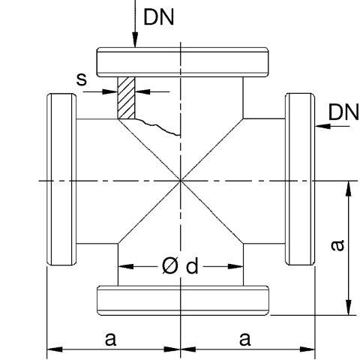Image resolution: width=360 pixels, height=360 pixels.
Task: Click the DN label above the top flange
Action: tap(159, 17)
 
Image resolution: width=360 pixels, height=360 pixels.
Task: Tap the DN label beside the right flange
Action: tap(343, 112)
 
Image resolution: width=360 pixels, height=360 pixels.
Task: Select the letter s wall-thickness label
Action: tap(82, 79)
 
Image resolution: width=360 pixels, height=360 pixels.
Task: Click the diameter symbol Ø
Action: tap(170, 265)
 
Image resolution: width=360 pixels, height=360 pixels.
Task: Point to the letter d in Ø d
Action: tap(192, 265)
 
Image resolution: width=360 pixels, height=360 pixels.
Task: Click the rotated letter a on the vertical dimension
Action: tap(337, 245)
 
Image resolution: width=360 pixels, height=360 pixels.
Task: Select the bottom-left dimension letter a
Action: tap(110, 339)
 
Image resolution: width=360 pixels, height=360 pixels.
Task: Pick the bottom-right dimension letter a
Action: tap(244, 339)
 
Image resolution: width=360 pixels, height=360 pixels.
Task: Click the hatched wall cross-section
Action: tap(126, 97)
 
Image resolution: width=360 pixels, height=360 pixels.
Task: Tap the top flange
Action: tap(183, 62)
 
